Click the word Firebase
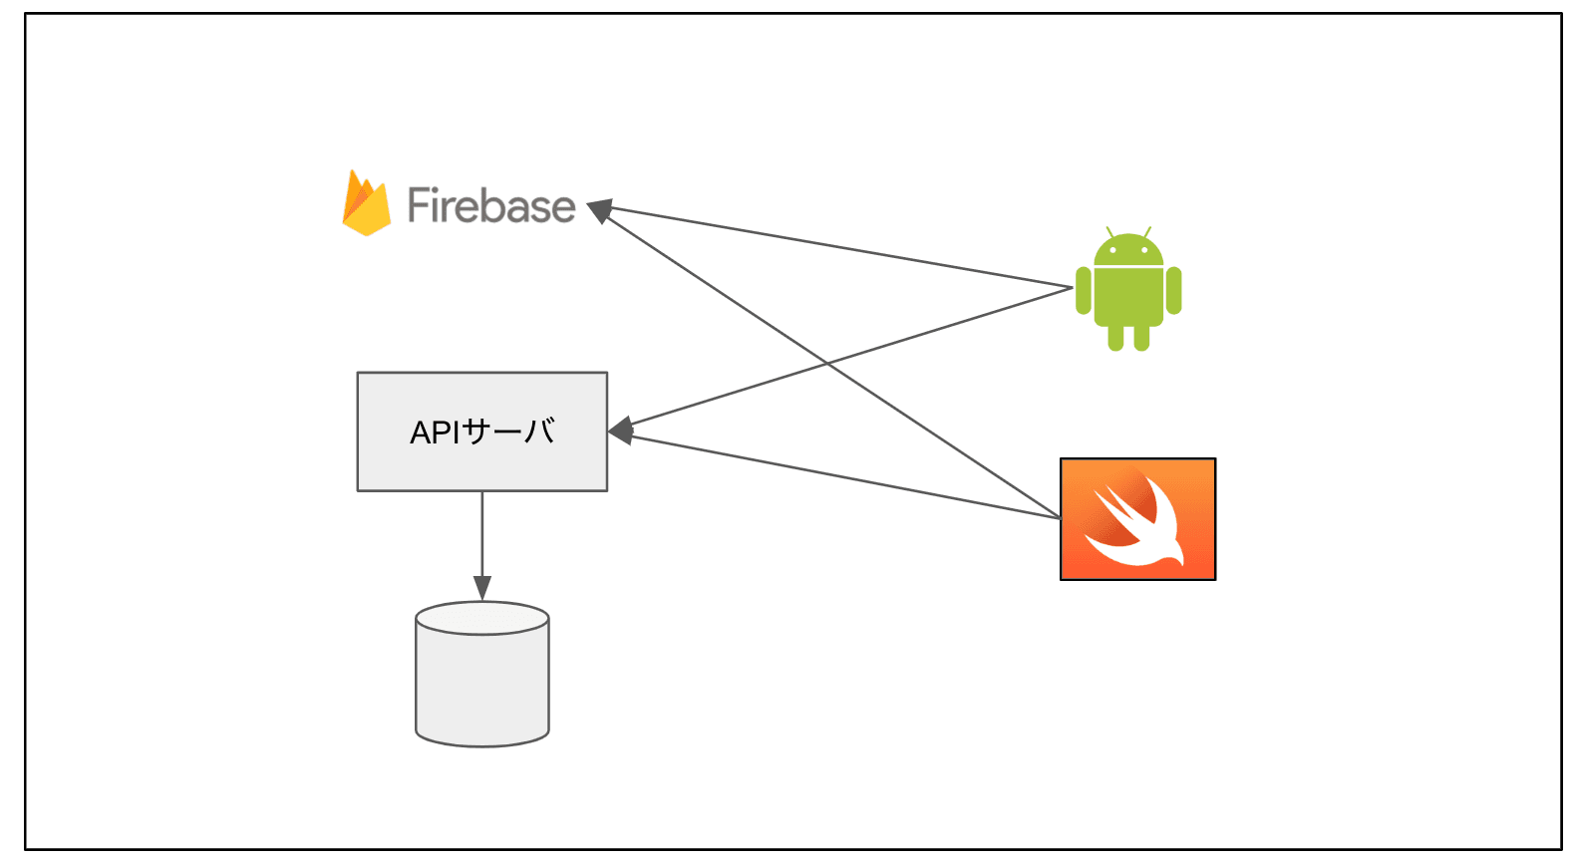pos(491,205)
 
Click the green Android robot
pos(1128,291)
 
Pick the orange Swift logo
pos(1137,518)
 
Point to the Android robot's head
pos(1128,250)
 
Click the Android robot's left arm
pos(1084,290)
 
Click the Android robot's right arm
pos(1173,290)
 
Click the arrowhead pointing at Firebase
pos(599,210)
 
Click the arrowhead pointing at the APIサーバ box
pos(620,431)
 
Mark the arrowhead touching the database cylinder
pos(482,589)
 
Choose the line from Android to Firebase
pos(837,247)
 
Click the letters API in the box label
pos(435,432)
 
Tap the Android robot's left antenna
pos(1109,232)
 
